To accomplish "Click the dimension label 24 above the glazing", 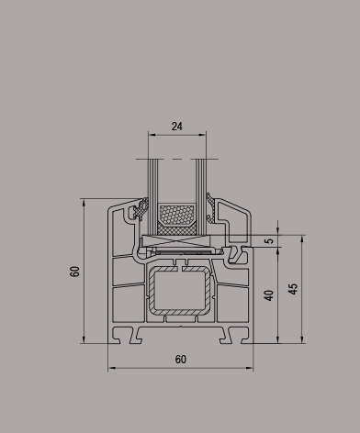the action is click(x=177, y=127).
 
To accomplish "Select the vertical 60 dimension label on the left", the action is click(x=74, y=272).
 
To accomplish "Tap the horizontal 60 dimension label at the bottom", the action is click(x=181, y=360).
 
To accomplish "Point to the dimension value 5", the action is click(x=269, y=240).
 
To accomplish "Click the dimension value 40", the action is click(x=269, y=295).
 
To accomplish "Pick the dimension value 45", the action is click(x=293, y=289).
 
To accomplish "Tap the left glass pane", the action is click(x=152, y=197).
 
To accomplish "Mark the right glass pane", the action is click(x=201, y=197).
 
